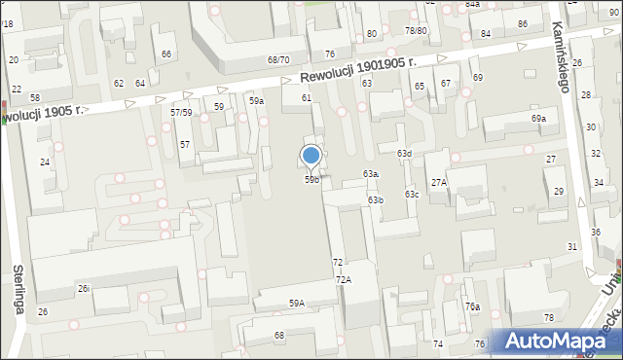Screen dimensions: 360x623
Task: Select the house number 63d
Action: (x=404, y=154)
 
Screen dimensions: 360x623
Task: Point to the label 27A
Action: (x=439, y=182)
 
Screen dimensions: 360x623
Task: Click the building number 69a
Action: (x=538, y=119)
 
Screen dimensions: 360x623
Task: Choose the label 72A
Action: (x=343, y=279)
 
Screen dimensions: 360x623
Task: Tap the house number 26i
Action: (x=85, y=288)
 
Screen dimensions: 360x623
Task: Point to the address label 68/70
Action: (x=278, y=59)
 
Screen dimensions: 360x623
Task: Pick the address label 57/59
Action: (x=182, y=113)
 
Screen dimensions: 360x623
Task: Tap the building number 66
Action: (x=166, y=54)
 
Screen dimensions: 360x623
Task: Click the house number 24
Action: (x=44, y=162)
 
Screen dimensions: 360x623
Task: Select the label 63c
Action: (x=413, y=195)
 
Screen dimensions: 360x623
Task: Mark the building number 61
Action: (x=306, y=97)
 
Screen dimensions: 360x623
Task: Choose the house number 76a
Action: (x=472, y=306)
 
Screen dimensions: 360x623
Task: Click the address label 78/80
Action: (x=417, y=30)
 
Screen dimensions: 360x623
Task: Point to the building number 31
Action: (x=572, y=247)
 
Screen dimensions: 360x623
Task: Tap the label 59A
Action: (x=296, y=303)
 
